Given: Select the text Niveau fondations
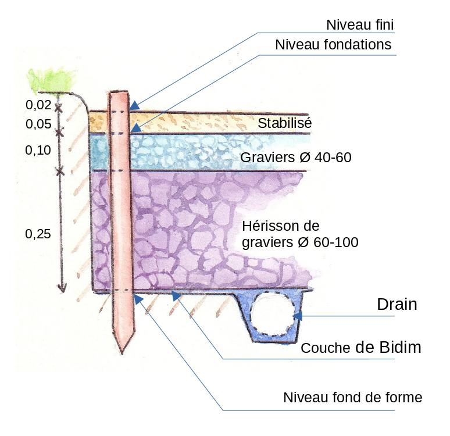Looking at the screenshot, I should (333, 45).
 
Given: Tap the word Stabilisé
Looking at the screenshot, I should (285, 123).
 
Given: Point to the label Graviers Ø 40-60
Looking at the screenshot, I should (296, 157).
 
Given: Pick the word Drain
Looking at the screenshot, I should (397, 304).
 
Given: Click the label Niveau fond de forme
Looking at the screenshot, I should (352, 398).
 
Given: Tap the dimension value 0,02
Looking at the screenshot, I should (38, 105).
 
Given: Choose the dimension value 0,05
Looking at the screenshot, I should (38, 124).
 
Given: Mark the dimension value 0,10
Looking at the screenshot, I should (38, 151).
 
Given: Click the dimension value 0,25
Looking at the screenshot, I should (38, 234).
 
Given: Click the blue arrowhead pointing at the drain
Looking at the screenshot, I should (298, 316).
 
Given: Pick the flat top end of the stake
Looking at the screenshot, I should (119, 93).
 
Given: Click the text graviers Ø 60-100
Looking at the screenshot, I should (299, 242).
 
